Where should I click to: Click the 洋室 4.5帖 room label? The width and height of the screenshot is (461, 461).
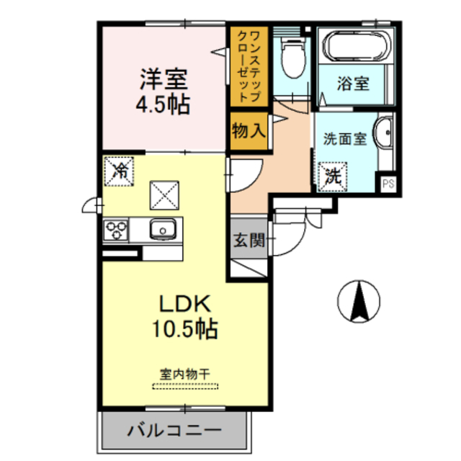tap(164, 91)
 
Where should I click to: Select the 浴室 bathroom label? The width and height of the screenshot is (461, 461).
tap(353, 84)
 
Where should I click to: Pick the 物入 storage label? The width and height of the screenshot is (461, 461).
tap(249, 132)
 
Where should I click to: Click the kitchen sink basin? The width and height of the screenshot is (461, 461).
tap(163, 230)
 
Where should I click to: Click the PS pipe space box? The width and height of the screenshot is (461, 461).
tap(388, 183)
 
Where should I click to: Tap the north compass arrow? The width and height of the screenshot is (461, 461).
tap(358, 300)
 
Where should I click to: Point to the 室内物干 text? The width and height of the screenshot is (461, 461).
tap(184, 375)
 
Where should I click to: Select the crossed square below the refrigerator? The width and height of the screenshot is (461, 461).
tap(163, 194)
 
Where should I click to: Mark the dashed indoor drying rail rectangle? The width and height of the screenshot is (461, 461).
tap(184, 387)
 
